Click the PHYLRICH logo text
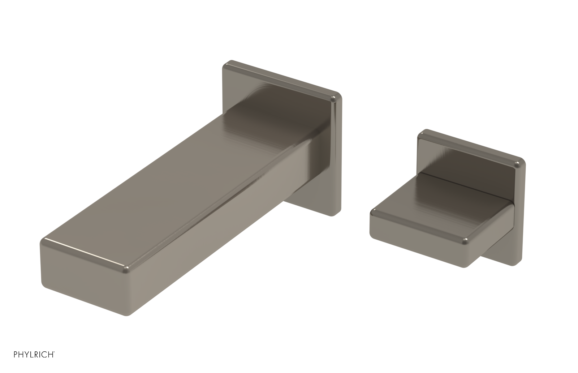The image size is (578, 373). [34, 355]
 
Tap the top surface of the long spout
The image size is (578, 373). [181, 181]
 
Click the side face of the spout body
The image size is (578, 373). [217, 231]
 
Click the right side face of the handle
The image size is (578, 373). [491, 235]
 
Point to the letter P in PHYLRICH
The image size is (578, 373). [16, 355]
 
